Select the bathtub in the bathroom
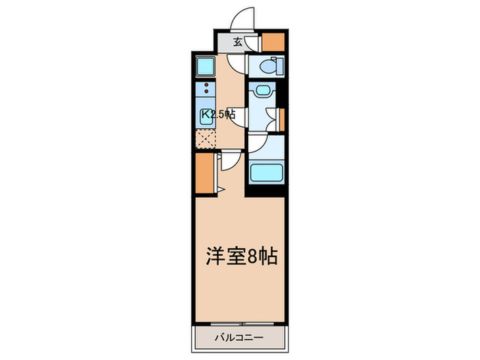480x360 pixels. (266, 171)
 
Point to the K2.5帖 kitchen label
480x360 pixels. (217, 115)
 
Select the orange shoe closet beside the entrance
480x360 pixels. (272, 41)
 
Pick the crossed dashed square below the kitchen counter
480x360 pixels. (205, 139)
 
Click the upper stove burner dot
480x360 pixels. (206, 83)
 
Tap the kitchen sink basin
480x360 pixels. (206, 115)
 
